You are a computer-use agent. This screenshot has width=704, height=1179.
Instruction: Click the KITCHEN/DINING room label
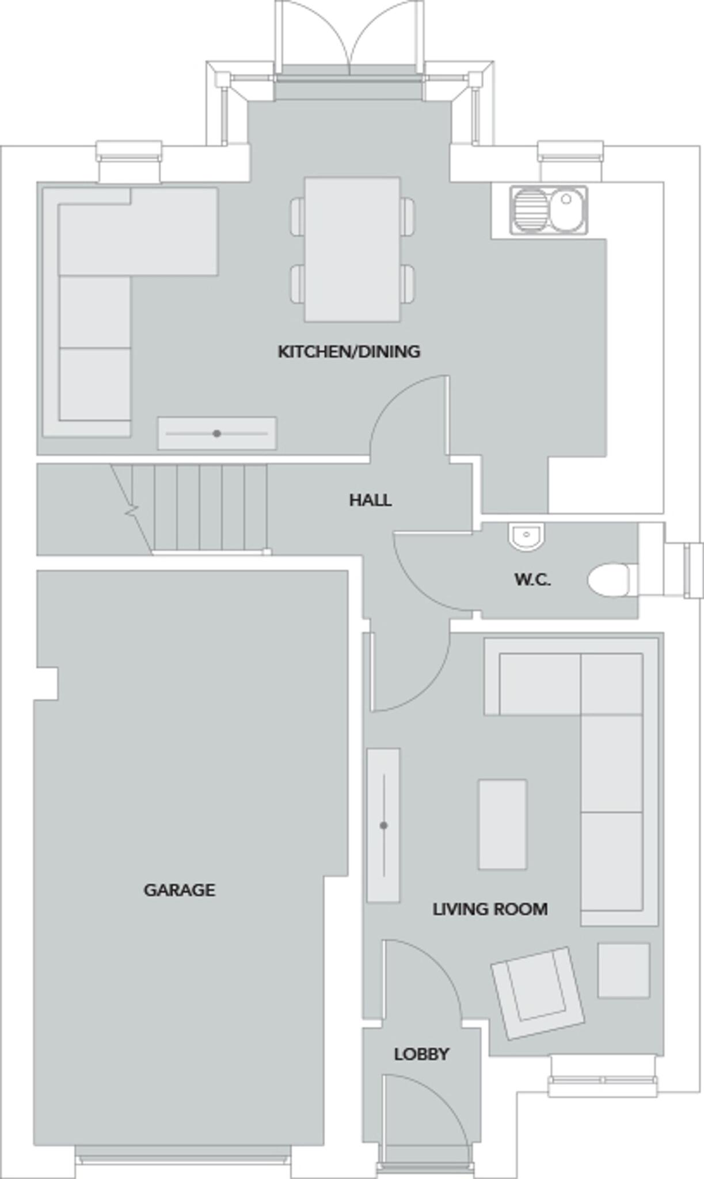349,351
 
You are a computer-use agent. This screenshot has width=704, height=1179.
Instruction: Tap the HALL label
370,500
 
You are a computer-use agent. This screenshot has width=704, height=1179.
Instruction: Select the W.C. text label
532,579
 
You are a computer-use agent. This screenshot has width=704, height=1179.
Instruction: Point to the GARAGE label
179,890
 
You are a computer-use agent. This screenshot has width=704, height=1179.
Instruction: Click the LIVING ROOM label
490,909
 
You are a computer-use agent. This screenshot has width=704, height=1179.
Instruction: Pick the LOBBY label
421,1054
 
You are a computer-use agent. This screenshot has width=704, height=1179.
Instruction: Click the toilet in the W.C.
609,580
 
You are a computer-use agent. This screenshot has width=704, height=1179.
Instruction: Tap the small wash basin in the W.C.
526,536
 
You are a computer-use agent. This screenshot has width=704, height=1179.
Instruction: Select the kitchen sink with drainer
549,210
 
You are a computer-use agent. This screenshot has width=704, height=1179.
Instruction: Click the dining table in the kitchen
352,249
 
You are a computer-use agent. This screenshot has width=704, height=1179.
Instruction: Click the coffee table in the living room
502,824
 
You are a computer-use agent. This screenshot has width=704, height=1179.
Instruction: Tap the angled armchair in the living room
538,992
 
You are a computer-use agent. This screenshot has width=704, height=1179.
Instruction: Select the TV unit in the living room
383,825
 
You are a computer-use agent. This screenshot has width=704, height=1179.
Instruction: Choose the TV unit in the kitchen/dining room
217,433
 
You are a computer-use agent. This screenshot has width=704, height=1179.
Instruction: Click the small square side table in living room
623,970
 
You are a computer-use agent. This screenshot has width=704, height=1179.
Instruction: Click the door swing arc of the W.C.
414,581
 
